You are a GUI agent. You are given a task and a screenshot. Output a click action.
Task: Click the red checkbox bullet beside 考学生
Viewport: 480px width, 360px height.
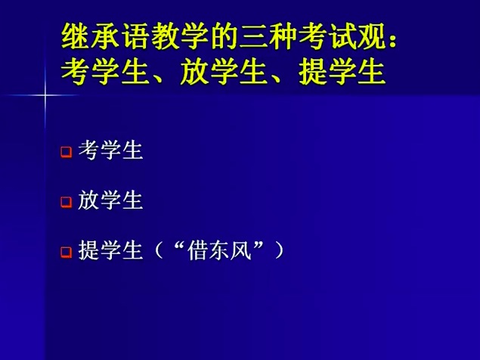pos(66,152)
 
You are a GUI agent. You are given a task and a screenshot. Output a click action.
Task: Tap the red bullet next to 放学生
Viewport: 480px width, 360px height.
pos(66,202)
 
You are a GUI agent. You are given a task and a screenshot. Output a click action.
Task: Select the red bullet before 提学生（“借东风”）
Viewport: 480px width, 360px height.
pos(66,252)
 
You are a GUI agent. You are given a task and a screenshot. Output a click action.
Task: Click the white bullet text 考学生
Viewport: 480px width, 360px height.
pos(110,151)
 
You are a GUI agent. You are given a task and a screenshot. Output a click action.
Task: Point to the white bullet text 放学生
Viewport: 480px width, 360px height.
pos(110,200)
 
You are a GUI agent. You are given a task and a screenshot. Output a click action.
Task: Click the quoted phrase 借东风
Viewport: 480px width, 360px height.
pos(219,250)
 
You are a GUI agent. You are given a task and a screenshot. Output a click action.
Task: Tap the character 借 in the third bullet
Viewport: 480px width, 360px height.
pos(198,250)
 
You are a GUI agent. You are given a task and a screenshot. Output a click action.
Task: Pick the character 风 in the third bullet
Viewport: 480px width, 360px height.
pos(241,250)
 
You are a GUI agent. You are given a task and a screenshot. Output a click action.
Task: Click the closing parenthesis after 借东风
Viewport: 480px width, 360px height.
pos(279,250)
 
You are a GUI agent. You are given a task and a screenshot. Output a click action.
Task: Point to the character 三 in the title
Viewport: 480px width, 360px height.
pos(252,37)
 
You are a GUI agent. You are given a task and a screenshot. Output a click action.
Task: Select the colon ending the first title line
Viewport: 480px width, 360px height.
pos(393,40)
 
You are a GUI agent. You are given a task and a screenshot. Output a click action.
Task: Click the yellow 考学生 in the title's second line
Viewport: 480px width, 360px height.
pos(104,72)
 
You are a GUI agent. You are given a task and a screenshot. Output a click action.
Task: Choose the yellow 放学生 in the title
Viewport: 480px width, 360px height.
pos(223,72)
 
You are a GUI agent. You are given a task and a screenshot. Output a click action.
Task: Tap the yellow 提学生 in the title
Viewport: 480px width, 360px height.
pos(342,72)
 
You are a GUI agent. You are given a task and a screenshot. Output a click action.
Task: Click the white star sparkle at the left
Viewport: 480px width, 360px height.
pos(45,95)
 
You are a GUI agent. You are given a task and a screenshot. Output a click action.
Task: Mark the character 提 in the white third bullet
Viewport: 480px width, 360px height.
pos(88,250)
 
